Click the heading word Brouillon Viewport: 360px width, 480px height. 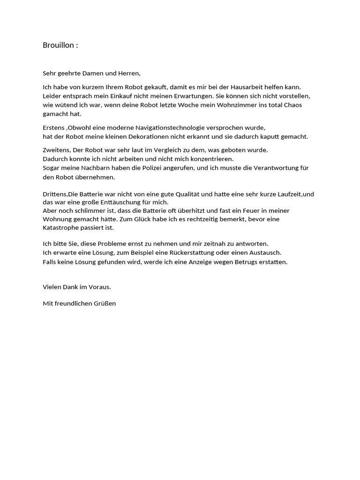(58, 45)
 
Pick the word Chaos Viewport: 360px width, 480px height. (292, 105)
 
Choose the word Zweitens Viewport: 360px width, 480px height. (55, 150)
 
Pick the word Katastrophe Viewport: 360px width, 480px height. (61, 228)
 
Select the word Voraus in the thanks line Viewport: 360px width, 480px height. (99, 286)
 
